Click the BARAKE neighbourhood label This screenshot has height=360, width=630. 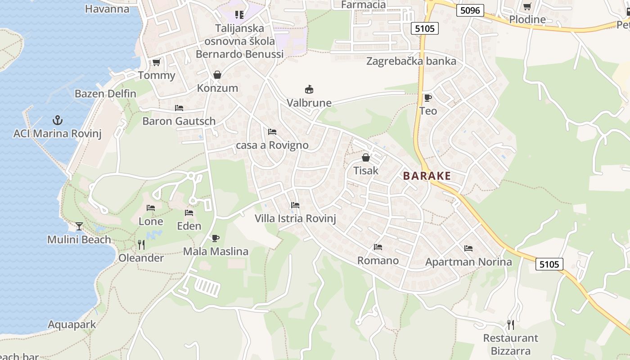point(427,175)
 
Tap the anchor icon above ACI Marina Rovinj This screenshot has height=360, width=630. point(57,120)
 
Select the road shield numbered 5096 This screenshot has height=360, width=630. point(470,10)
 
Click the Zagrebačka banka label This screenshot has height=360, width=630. point(411,61)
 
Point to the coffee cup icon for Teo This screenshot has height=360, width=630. point(427,98)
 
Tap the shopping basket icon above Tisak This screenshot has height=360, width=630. point(366,157)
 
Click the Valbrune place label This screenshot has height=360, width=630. point(309,103)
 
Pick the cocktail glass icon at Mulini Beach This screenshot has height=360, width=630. point(79,226)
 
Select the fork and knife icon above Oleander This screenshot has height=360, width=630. point(141,245)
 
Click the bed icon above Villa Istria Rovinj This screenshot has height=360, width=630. point(295,205)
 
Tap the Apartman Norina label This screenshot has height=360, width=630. point(468,262)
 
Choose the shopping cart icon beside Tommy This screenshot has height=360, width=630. point(156,62)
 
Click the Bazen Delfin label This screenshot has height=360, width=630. point(105,94)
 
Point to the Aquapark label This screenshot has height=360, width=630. point(72,324)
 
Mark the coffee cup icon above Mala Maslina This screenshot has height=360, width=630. point(216,238)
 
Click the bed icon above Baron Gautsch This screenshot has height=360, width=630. point(179,108)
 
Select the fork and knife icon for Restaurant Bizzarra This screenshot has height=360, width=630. point(511,324)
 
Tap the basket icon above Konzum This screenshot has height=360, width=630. point(217,75)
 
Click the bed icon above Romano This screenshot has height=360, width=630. point(378,247)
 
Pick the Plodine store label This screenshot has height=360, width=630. point(527,19)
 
